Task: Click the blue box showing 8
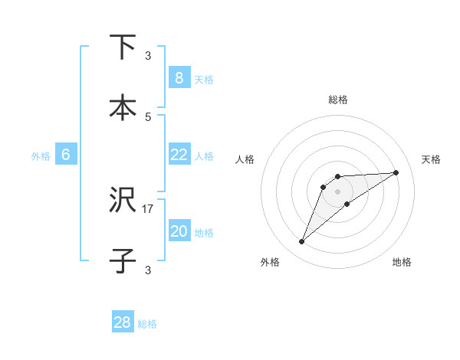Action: point(179,77)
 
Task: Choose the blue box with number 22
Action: point(179,155)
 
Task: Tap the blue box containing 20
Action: point(179,231)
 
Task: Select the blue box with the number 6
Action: point(66,155)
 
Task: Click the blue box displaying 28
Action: point(123,322)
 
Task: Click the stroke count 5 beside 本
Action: point(148,116)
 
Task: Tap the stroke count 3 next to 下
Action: point(148,55)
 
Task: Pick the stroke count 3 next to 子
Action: point(148,270)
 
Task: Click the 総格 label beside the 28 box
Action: point(147,324)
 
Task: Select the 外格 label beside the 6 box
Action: point(41,156)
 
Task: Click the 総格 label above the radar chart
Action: point(337,100)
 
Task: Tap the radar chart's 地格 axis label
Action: point(402,262)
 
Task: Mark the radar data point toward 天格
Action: point(396,172)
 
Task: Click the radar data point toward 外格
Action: point(301,242)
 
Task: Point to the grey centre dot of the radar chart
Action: point(337,191)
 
